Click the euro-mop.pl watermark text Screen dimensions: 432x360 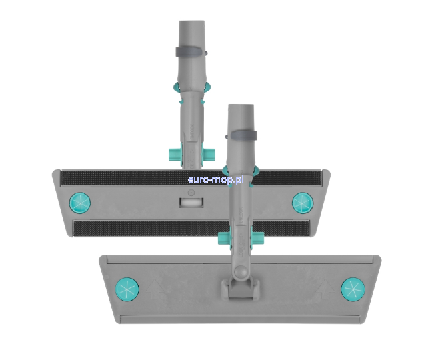coord(215,180)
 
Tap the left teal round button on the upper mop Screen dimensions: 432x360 coord(79,203)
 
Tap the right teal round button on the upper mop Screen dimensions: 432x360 coord(303,203)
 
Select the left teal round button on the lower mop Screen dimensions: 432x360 coord(127,289)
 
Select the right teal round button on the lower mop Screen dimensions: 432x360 coord(353,289)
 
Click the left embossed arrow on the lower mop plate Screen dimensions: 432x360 coord(155,289)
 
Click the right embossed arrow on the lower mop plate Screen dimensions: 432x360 coord(325,289)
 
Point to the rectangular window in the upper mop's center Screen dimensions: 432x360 coord(191,203)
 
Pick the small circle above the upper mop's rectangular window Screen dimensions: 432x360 coord(191,193)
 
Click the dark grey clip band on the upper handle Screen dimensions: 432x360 coord(191,52)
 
